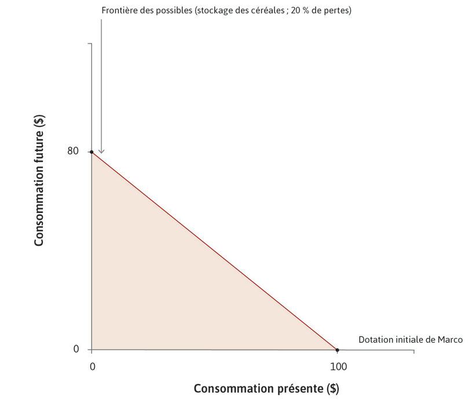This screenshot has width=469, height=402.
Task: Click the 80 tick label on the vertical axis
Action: (x=72, y=151)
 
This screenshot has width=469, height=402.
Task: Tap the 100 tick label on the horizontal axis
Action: (x=338, y=367)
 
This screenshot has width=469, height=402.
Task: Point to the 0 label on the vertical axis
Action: (x=76, y=349)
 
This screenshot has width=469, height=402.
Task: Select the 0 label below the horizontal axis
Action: (x=91, y=367)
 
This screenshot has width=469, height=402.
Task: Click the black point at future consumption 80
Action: (x=91, y=152)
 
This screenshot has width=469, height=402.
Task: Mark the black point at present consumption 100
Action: (x=338, y=350)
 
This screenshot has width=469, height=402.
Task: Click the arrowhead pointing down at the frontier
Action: (x=101, y=151)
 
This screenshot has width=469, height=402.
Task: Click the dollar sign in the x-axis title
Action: (x=333, y=388)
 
